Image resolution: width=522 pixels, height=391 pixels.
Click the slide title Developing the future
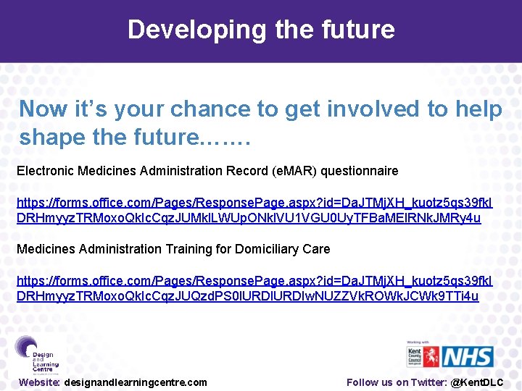coord(261,30)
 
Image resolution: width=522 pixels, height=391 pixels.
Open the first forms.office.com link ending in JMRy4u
coord(254,210)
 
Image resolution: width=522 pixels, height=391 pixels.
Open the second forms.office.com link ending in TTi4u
coord(254,288)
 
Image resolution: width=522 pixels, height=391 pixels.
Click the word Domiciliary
coord(265,249)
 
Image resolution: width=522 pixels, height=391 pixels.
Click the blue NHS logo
coord(468,356)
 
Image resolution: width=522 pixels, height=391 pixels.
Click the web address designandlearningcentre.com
coord(136,382)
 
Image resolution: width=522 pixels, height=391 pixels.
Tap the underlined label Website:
coord(40,382)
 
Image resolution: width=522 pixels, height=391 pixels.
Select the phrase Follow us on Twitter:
coord(397,382)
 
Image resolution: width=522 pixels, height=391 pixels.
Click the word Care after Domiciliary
coord(316,249)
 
